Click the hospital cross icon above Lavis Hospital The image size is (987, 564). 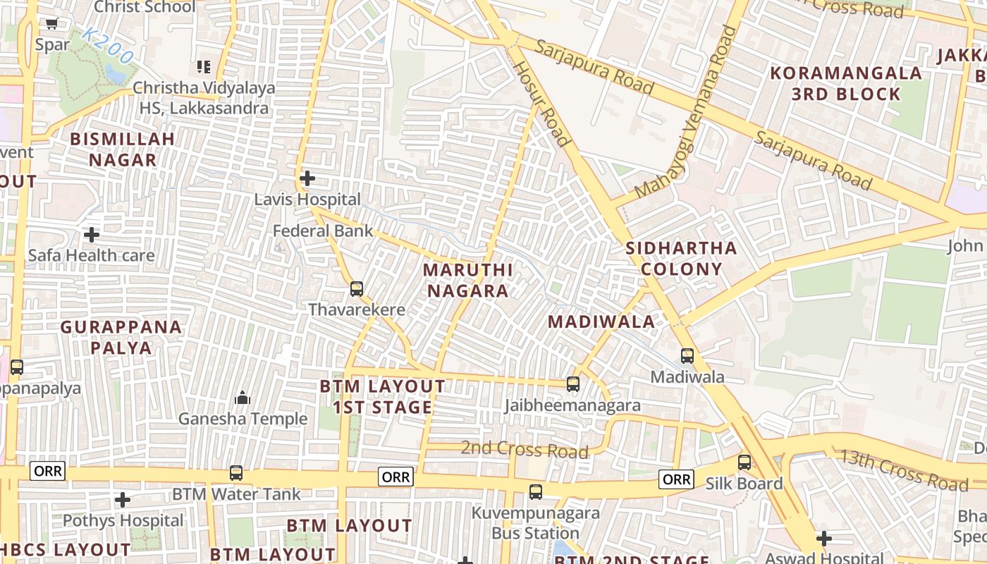click(x=307, y=178)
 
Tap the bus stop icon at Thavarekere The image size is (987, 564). click(x=357, y=288)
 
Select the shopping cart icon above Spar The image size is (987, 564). click(x=51, y=24)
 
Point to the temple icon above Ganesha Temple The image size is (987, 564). click(x=243, y=398)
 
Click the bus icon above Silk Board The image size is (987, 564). click(x=744, y=462)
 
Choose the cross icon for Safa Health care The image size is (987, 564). click(x=92, y=234)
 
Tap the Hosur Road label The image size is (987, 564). click(x=541, y=103)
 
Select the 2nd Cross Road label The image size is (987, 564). click(x=525, y=449)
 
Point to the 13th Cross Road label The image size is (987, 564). click(x=903, y=470)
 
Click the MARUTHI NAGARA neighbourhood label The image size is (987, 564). click(x=467, y=281)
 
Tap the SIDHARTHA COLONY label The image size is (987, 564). click(x=681, y=259)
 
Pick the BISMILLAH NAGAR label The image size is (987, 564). click(x=122, y=149)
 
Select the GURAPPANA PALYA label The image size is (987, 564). click(x=121, y=338)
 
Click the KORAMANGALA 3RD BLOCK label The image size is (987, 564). click(x=846, y=83)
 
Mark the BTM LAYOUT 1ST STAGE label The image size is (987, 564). click(x=382, y=397)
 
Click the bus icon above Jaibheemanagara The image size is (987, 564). click(x=573, y=384)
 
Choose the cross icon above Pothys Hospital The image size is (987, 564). click(x=123, y=500)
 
